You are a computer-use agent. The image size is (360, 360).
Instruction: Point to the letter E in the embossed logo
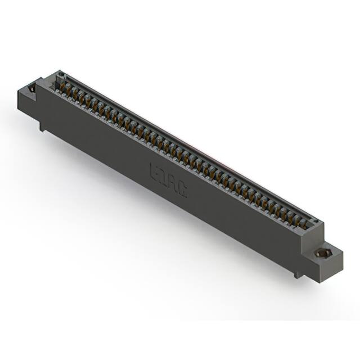[155, 170]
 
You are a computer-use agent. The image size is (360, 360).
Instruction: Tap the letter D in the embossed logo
[164, 177]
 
